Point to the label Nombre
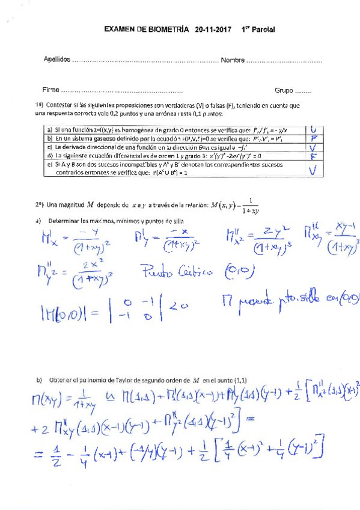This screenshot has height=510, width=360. point(233,61)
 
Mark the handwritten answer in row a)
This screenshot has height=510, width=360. point(312,130)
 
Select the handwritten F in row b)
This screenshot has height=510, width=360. point(313,139)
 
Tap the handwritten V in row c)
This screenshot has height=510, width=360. point(313,149)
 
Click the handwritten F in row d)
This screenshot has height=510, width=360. point(313,158)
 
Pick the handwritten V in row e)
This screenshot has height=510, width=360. point(313,170)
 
